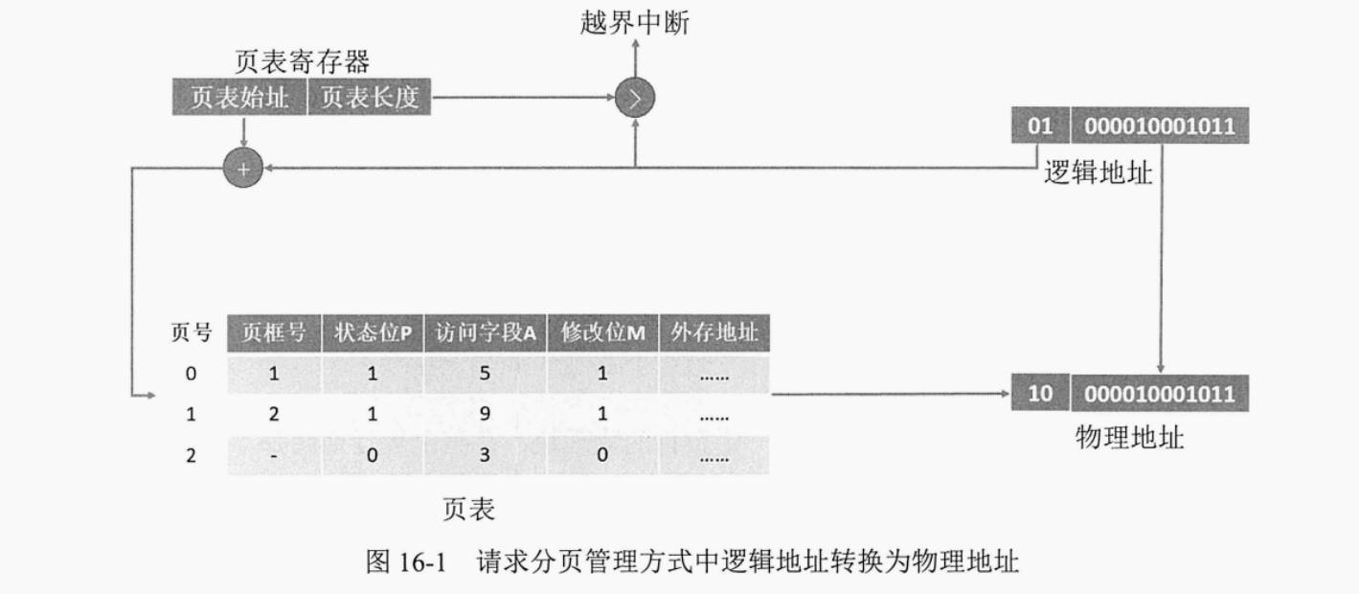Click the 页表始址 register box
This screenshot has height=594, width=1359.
tap(238, 99)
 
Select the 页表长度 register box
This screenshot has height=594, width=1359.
tap(370, 99)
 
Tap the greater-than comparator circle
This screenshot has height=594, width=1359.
tap(635, 98)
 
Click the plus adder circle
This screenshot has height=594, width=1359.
tap(242, 169)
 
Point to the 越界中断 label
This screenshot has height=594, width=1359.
tap(635, 23)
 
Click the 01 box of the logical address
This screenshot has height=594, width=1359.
tap(1039, 126)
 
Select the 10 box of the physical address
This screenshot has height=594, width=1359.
tap(1039, 394)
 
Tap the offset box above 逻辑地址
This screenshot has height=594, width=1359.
tap(1159, 126)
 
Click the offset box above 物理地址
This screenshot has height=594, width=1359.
tap(1159, 394)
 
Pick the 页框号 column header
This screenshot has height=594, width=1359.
tap(274, 333)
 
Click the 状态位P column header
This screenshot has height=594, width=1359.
tap(373, 333)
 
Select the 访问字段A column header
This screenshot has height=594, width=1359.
tap(486, 333)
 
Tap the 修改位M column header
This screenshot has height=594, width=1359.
tap(602, 333)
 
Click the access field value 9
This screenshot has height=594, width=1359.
tap(485, 416)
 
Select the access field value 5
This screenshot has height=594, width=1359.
tap(485, 375)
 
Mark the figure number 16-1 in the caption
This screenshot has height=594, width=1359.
tap(419, 561)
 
